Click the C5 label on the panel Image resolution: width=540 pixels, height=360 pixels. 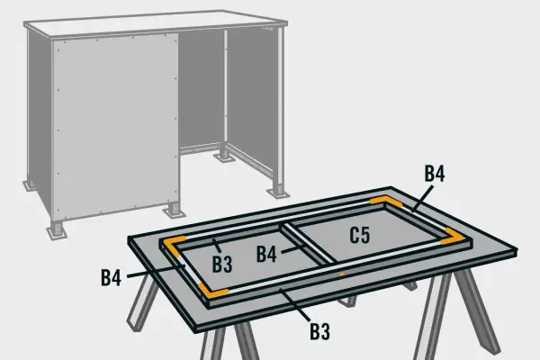click(360, 236)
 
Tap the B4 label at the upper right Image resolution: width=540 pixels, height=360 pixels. click(435, 174)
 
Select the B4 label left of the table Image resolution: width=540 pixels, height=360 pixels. click(112, 278)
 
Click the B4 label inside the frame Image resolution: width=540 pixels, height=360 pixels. click(266, 254)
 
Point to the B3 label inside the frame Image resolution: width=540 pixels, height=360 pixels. click(222, 265)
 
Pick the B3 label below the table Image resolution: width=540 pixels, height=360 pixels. click(319, 331)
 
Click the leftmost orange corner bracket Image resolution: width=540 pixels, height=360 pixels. click(174, 246)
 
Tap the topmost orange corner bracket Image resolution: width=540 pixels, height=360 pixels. click(385, 202)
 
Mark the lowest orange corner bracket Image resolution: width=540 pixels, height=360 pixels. click(212, 292)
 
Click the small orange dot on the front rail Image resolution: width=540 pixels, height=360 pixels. click(342, 274)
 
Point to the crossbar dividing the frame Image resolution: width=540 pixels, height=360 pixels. click(309, 244)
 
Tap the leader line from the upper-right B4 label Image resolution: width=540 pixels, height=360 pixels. click(422, 198)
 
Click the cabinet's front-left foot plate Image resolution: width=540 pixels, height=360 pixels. click(57, 232)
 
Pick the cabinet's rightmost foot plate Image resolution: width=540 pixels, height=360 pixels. click(278, 193)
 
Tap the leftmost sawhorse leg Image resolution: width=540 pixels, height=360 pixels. click(142, 303)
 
